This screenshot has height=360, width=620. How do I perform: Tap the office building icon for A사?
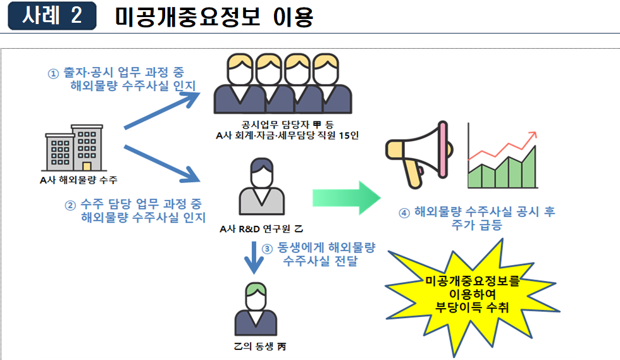pos(74,149)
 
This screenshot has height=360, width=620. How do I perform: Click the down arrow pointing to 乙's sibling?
pos(254,257)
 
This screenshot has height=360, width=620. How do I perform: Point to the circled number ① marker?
pos(54,73)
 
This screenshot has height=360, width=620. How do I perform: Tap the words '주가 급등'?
pos(478,226)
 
